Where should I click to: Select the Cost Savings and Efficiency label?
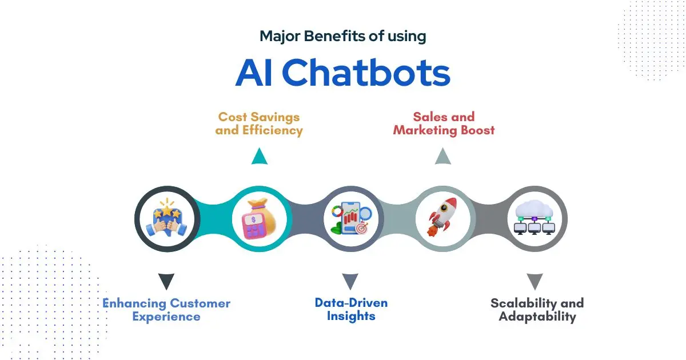[x=259, y=123]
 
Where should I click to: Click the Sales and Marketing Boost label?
[x=444, y=123]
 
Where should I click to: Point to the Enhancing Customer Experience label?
[x=166, y=310]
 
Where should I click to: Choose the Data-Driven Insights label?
[x=351, y=309]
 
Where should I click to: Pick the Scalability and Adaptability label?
[x=537, y=310]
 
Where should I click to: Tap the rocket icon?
[x=444, y=218]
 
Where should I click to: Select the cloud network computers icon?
[x=535, y=218]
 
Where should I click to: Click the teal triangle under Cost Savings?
[x=259, y=157]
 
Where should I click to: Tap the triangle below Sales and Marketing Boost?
[x=443, y=157]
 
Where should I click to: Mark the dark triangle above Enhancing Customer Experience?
[x=166, y=281]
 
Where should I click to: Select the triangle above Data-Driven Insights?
[x=350, y=281]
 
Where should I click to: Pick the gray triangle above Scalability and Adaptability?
[x=535, y=281]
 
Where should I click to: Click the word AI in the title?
[x=254, y=73]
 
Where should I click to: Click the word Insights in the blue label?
[x=351, y=316]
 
